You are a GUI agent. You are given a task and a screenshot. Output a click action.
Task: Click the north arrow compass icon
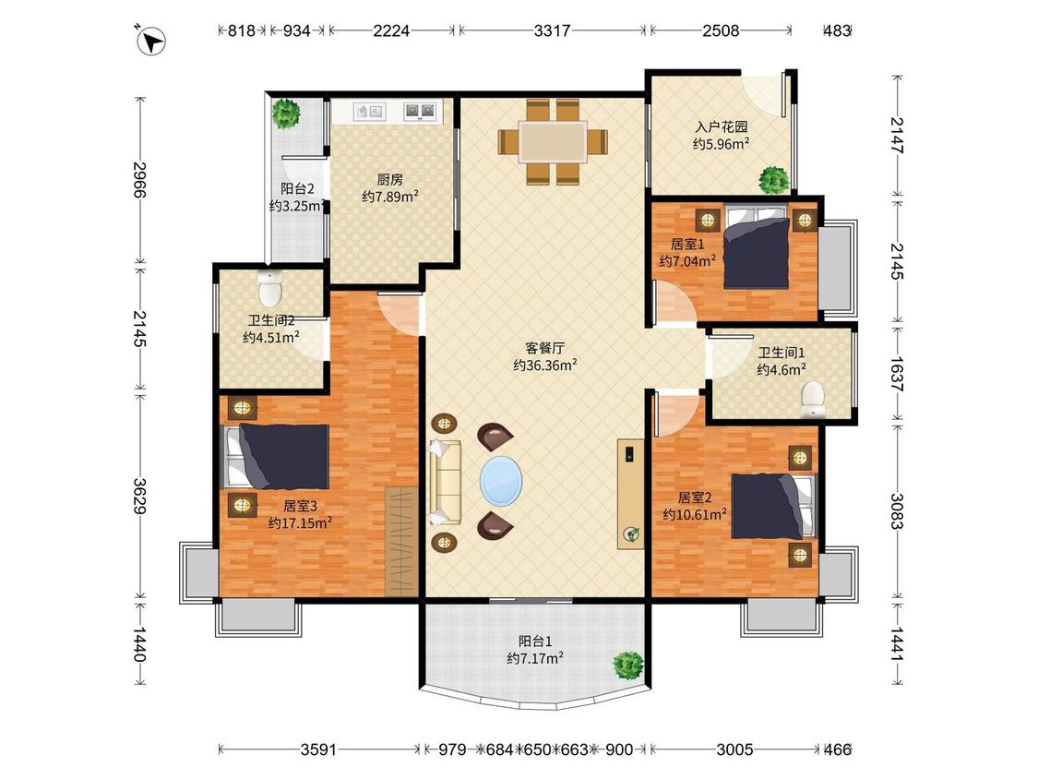pyautogui.click(x=151, y=41)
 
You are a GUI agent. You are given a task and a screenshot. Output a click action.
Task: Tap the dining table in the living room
pyautogui.click(x=553, y=141)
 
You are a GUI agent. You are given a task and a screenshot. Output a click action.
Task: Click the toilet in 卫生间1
pyautogui.click(x=812, y=399)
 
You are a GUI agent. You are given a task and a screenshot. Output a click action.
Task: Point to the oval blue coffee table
pyautogui.click(x=500, y=480)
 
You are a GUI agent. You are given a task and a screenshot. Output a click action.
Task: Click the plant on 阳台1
pyautogui.click(x=627, y=665)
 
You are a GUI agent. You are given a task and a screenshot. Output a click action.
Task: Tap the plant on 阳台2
pyautogui.click(x=285, y=114)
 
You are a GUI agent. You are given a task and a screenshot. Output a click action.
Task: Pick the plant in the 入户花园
pyautogui.click(x=773, y=179)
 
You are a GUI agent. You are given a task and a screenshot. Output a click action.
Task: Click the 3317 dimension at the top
pyautogui.click(x=552, y=30)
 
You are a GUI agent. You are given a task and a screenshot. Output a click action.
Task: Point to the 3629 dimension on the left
pyautogui.click(x=140, y=497)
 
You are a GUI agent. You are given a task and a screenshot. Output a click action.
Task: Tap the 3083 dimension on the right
pyautogui.click(x=897, y=510)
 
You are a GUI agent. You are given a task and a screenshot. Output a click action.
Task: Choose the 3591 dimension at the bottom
pyautogui.click(x=318, y=749)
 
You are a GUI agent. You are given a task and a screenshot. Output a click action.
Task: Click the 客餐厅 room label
pyautogui.click(x=544, y=347)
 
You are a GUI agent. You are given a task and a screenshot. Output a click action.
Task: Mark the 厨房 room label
pyautogui.click(x=390, y=179)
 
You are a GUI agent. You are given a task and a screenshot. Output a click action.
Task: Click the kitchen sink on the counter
pyautogui.click(x=369, y=112)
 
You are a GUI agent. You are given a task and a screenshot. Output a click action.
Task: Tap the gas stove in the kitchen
pyautogui.click(x=421, y=112)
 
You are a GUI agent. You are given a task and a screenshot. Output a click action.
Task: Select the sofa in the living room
pyautogui.click(x=445, y=482)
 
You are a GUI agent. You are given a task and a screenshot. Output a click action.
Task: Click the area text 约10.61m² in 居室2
pyautogui.click(x=695, y=514)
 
